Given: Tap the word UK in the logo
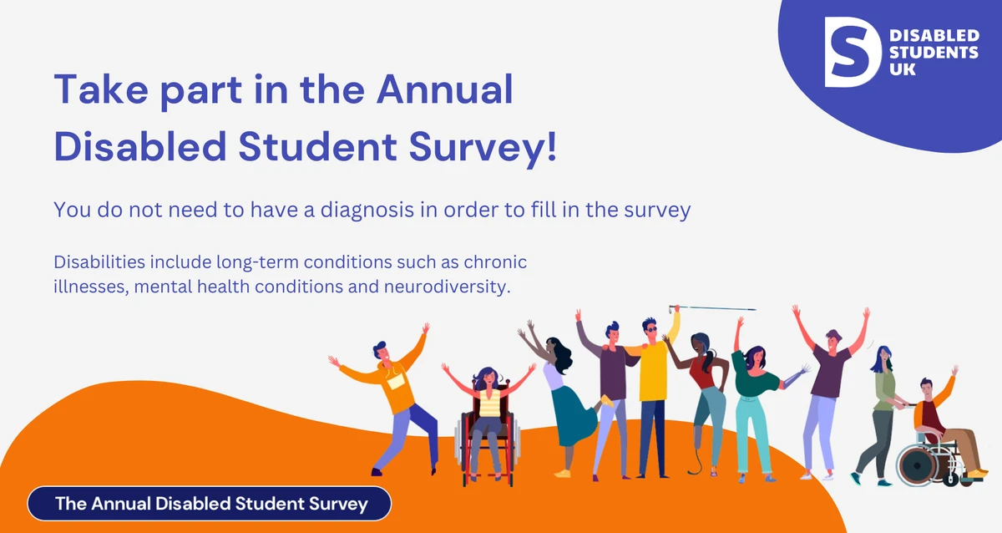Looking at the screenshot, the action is tap(903, 69).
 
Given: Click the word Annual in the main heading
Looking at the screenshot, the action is tap(444, 89).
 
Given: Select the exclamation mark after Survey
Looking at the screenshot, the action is tap(552, 146).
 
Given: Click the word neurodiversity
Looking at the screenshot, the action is tap(448, 287).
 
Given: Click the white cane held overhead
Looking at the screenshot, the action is tap(712, 308).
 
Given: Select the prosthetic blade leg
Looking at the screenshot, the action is tap(695, 449).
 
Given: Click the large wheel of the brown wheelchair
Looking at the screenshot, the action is tap(917, 466).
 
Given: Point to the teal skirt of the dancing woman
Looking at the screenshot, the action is tap(573, 416).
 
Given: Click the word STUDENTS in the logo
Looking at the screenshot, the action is tap(934, 53).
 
